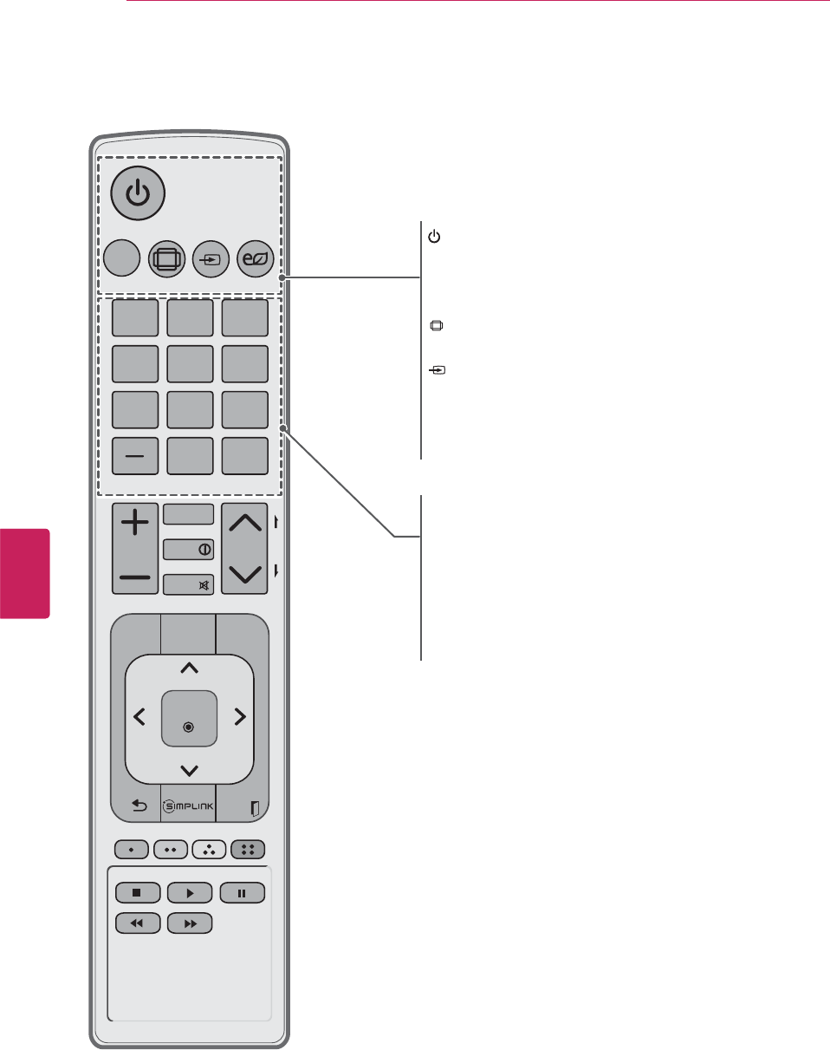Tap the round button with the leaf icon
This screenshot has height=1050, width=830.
click(x=253, y=258)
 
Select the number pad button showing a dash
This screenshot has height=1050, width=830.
click(x=135, y=456)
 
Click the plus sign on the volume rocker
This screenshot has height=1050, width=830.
click(x=135, y=523)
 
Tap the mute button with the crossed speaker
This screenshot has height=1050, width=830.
click(x=188, y=584)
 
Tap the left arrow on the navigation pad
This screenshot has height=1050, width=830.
click(x=139, y=716)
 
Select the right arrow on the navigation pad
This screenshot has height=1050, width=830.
click(x=240, y=716)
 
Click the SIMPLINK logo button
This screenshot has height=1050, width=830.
click(x=188, y=806)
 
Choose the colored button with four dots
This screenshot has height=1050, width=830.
click(x=249, y=849)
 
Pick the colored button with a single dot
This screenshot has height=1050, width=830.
click(x=130, y=849)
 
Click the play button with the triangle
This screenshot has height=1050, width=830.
click(x=190, y=891)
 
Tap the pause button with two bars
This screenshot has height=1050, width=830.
click(x=242, y=891)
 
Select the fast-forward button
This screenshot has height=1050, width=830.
click(x=190, y=924)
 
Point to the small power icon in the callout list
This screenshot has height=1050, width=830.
click(x=435, y=237)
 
